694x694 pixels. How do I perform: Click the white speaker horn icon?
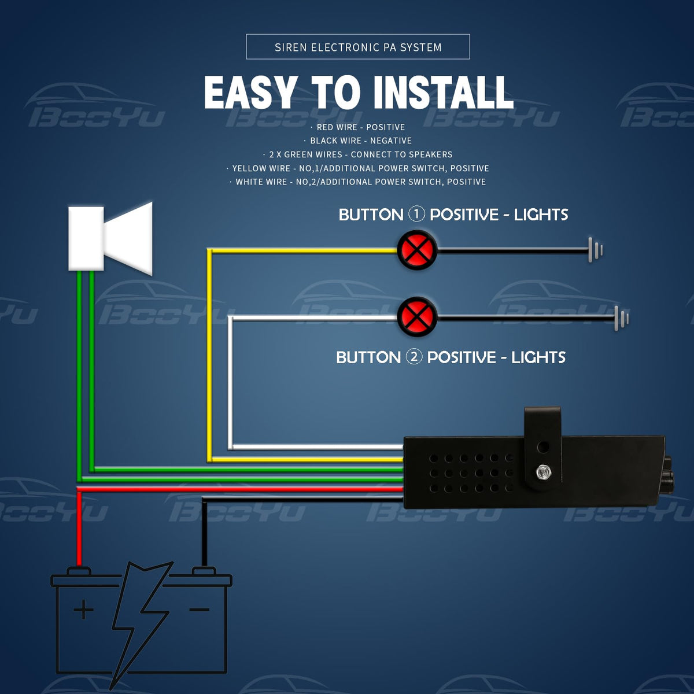(x=110, y=238)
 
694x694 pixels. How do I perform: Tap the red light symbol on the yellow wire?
(x=416, y=250)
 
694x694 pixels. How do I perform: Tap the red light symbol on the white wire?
(x=416, y=316)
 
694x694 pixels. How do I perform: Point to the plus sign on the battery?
(x=84, y=610)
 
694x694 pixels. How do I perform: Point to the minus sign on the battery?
(x=199, y=610)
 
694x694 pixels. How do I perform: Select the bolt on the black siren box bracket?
(x=542, y=472)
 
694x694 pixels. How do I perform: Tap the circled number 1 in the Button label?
(x=416, y=214)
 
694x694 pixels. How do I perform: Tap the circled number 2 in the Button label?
(x=414, y=356)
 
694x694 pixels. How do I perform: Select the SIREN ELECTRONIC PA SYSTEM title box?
(x=358, y=47)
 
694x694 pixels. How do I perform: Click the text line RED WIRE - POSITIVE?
(x=360, y=127)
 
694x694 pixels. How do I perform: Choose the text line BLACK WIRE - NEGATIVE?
(x=360, y=141)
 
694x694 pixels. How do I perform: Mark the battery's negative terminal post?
(x=204, y=571)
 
